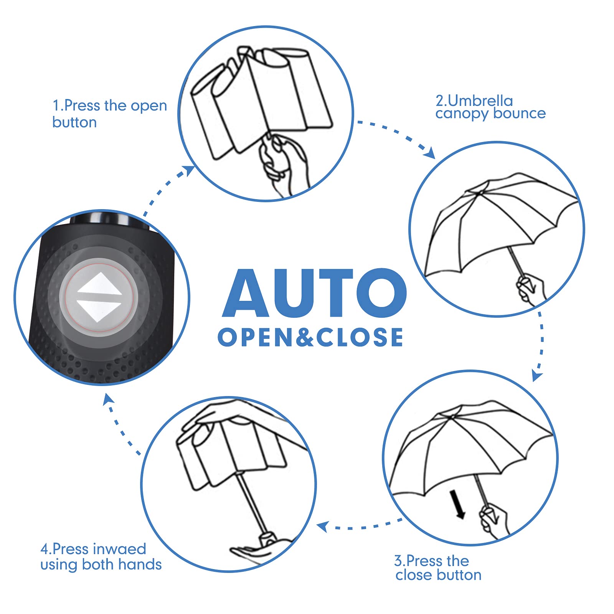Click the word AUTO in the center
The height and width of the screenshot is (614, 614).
pos(314,293)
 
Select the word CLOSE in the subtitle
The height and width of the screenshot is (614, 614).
pos(359,337)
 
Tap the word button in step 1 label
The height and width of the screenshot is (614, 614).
pos(74,122)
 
